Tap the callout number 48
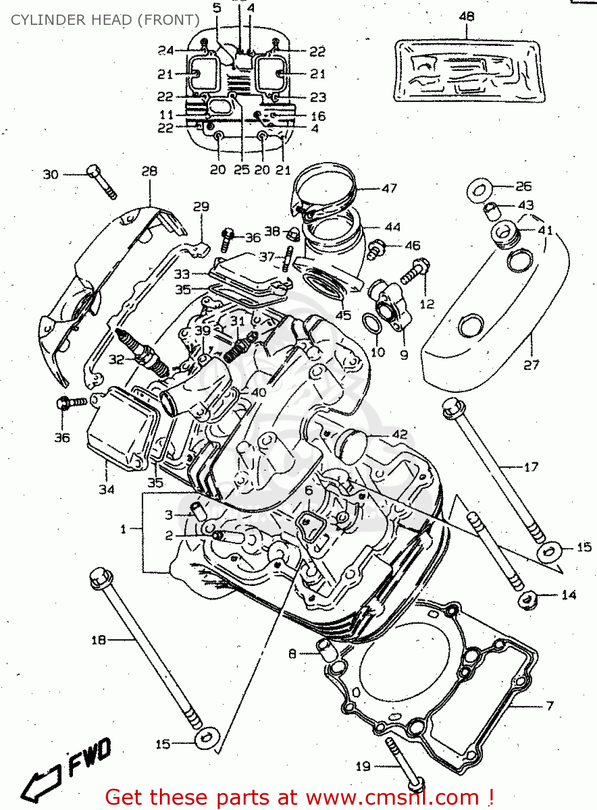tap(466, 16)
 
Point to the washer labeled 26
tap(479, 191)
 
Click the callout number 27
tap(531, 366)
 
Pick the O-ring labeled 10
tap(370, 324)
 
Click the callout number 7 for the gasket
tap(549, 706)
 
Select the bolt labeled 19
tap(404, 762)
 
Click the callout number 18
tap(98, 640)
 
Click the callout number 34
tap(106, 489)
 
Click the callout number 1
tap(123, 529)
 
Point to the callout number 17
tap(531, 467)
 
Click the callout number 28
tap(149, 171)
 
